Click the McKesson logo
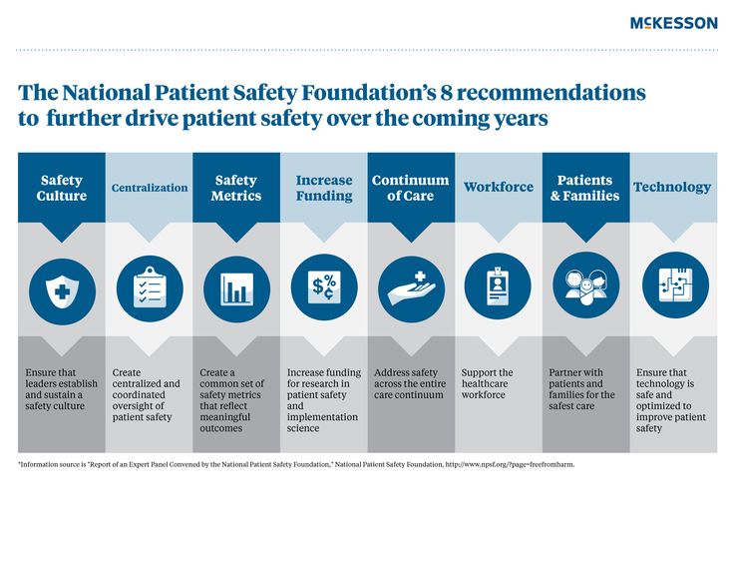[x=673, y=23]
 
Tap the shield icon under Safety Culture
[x=62, y=291]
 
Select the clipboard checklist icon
[x=150, y=288]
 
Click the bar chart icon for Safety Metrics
[x=237, y=289]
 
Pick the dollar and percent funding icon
[x=324, y=286]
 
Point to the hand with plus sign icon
[x=412, y=289]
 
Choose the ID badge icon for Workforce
[x=498, y=285]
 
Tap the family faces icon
[x=586, y=285]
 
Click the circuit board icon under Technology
[x=675, y=284]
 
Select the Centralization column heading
[x=150, y=188]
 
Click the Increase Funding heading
[x=324, y=188]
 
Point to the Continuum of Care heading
[x=411, y=188]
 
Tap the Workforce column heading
[x=499, y=187]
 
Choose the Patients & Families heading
[x=585, y=188]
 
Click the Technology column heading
[x=672, y=188]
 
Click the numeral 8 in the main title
[x=446, y=93]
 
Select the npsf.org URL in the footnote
[x=510, y=465]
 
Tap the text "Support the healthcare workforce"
[x=487, y=383]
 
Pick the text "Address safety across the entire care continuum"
[x=410, y=383]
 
